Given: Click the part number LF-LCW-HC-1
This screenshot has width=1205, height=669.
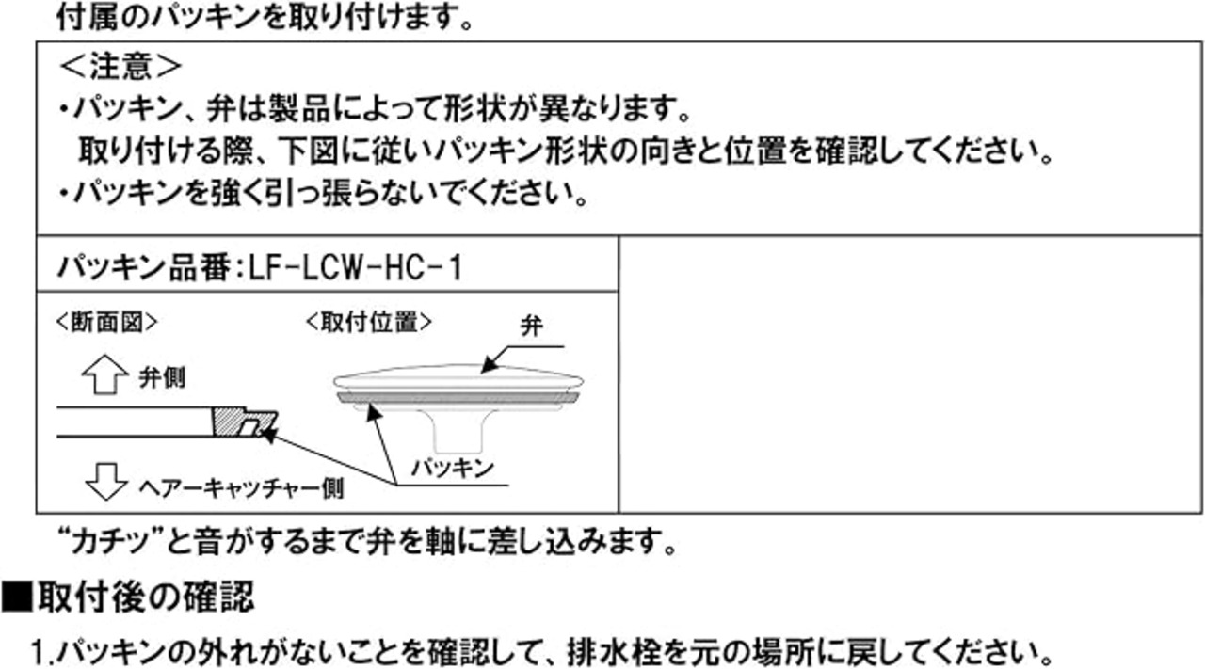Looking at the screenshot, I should (x=355, y=269).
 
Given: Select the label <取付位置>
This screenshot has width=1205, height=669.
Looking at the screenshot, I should (x=369, y=322).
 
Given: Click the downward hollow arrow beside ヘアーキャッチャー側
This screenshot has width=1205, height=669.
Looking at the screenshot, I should (x=104, y=483).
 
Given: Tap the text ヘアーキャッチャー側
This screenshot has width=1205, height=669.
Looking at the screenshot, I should (x=242, y=486).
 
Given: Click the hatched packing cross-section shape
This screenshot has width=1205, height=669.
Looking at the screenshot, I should (x=242, y=422).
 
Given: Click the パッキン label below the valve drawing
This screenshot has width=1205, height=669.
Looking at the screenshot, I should (x=453, y=466).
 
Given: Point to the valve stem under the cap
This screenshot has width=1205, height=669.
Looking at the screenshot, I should (x=457, y=431).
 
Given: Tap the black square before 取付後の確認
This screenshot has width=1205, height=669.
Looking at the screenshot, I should (x=16, y=597).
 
